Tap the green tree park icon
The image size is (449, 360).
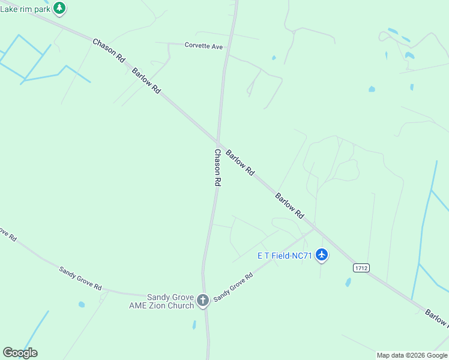pyautogui.click(x=59, y=8)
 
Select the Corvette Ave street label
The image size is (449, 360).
pyautogui.click(x=203, y=45)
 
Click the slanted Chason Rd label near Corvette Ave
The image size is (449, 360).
pyautogui.click(x=109, y=51)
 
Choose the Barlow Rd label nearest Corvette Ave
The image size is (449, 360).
pyautogui.click(x=148, y=80)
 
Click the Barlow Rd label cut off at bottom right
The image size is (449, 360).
pyautogui.click(x=436, y=318)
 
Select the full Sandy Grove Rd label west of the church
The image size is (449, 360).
pyautogui.click(x=80, y=278)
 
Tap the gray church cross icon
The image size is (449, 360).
pyautogui.click(x=203, y=299)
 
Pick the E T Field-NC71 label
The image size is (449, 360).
pyautogui.click(x=285, y=256)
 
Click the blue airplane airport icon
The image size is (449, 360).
pyautogui.click(x=322, y=255)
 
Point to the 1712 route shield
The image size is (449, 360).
pyautogui.click(x=361, y=268)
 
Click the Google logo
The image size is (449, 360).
pyautogui.click(x=20, y=353)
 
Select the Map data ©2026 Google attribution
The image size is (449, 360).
pyautogui.click(x=412, y=355)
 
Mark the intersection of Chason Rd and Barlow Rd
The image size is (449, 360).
pyautogui.click(x=217, y=142)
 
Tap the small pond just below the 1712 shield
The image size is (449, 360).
pyautogui.click(x=348, y=281)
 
